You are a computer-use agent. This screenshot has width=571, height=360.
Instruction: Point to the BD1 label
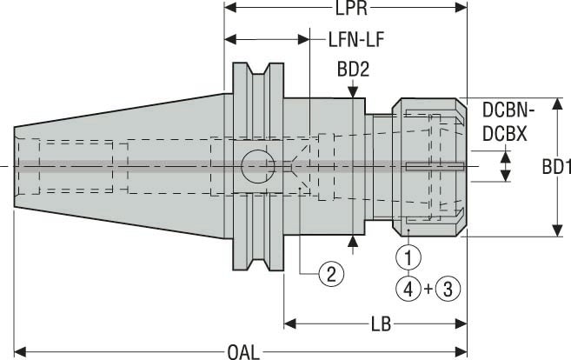pos(554,167)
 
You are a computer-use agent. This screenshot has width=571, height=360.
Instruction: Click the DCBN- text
pos(508,111)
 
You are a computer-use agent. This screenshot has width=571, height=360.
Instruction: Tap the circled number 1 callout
pos(408,257)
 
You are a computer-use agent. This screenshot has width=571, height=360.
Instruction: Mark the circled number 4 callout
pos(408,286)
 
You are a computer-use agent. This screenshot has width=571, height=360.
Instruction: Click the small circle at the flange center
pos(256,163)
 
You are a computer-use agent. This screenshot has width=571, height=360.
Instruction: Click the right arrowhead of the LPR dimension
pos(462,9)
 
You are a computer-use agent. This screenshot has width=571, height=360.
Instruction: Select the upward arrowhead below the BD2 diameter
pos(354,241)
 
